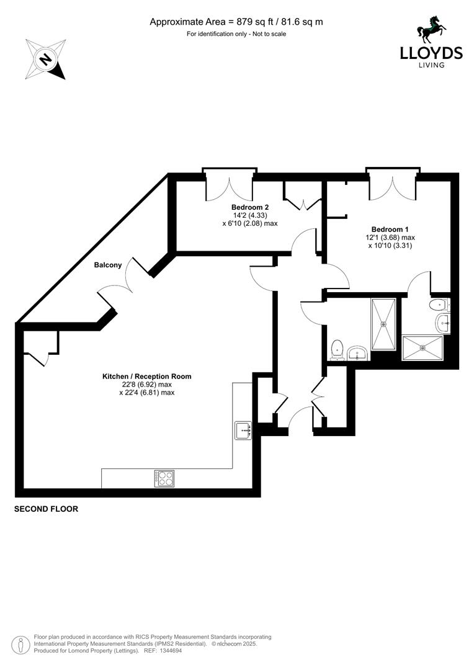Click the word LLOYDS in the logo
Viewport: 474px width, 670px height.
coord(431,53)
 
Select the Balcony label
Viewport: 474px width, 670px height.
coord(107,266)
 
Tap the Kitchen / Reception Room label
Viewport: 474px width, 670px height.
coord(146,377)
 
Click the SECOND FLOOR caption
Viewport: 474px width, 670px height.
coord(47,509)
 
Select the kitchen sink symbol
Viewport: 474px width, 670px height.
coord(243,430)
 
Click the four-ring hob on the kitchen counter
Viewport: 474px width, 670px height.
coord(164,478)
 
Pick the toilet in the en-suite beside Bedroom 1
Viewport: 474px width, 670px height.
coord(439,305)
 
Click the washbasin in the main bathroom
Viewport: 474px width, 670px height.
coord(358,353)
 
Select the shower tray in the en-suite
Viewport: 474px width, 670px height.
coord(424,347)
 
